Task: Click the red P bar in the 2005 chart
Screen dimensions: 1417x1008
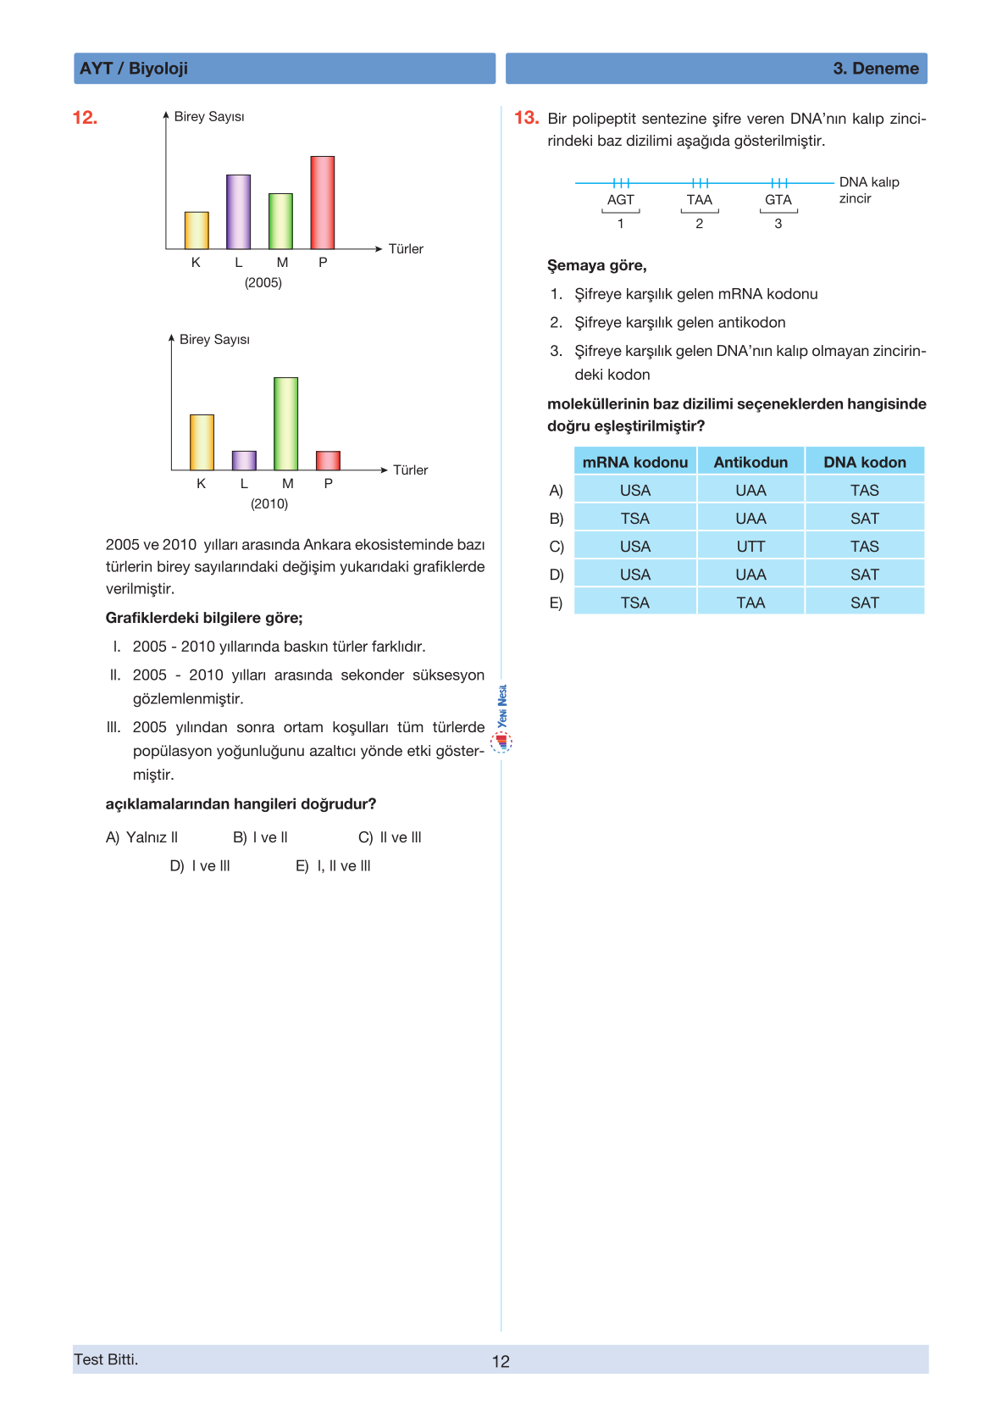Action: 322,203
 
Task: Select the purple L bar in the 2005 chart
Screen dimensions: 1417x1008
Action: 238,212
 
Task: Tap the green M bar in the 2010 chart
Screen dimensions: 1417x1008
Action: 285,424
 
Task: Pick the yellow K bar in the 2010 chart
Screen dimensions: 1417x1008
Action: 202,442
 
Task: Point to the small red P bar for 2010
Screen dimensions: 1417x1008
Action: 328,460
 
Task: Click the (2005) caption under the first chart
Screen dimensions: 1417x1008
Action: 263,283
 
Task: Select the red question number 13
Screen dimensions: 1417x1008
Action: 526,118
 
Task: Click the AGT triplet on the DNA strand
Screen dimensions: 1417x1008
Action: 620,200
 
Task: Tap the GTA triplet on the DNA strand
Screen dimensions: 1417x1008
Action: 778,200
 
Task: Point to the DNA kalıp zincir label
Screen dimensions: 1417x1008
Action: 868,190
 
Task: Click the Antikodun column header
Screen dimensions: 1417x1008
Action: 750,462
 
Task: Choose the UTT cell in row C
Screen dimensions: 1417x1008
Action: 750,547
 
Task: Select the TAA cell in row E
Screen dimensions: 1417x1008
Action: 750,603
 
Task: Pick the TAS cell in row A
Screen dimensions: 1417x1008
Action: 864,491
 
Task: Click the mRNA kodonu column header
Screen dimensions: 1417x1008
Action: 634,462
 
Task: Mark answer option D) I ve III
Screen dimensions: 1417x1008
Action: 200,865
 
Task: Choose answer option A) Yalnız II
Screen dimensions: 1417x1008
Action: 141,837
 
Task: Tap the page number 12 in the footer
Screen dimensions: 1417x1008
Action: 501,1361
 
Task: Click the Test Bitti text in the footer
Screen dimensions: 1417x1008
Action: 106,1359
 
